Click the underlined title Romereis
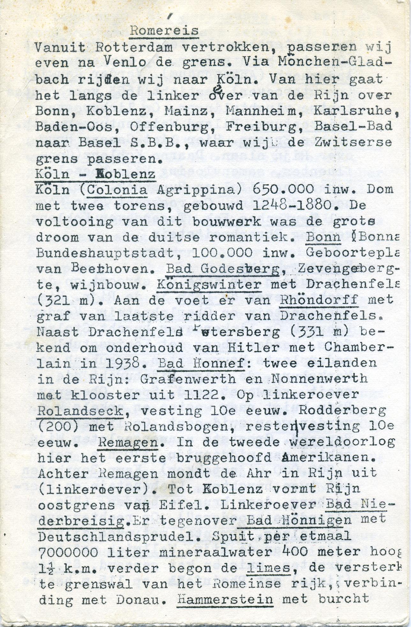(x=164, y=31)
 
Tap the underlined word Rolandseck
(x=80, y=411)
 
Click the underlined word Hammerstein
(x=225, y=600)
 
